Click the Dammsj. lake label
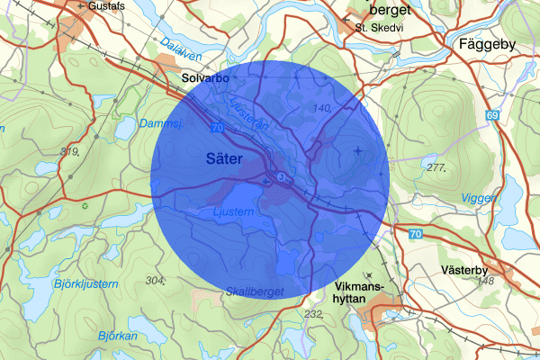163,122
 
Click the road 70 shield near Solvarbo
216,129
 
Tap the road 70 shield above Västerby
414,234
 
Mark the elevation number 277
438,167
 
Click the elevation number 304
155,281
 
